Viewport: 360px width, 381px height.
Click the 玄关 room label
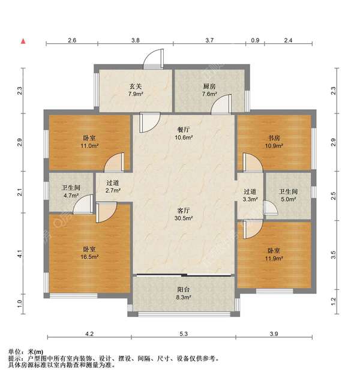[x=135, y=85]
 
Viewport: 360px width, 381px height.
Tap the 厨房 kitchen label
[x=209, y=85]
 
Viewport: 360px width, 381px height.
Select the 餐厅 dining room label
[x=184, y=128]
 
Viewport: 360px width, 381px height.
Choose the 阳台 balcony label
[x=184, y=289]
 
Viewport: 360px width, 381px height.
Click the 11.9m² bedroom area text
[x=275, y=259]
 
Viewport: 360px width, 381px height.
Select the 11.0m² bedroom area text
[x=90, y=146]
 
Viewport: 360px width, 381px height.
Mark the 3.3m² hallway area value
[x=250, y=200]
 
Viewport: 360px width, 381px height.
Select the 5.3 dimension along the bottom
[x=184, y=334]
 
